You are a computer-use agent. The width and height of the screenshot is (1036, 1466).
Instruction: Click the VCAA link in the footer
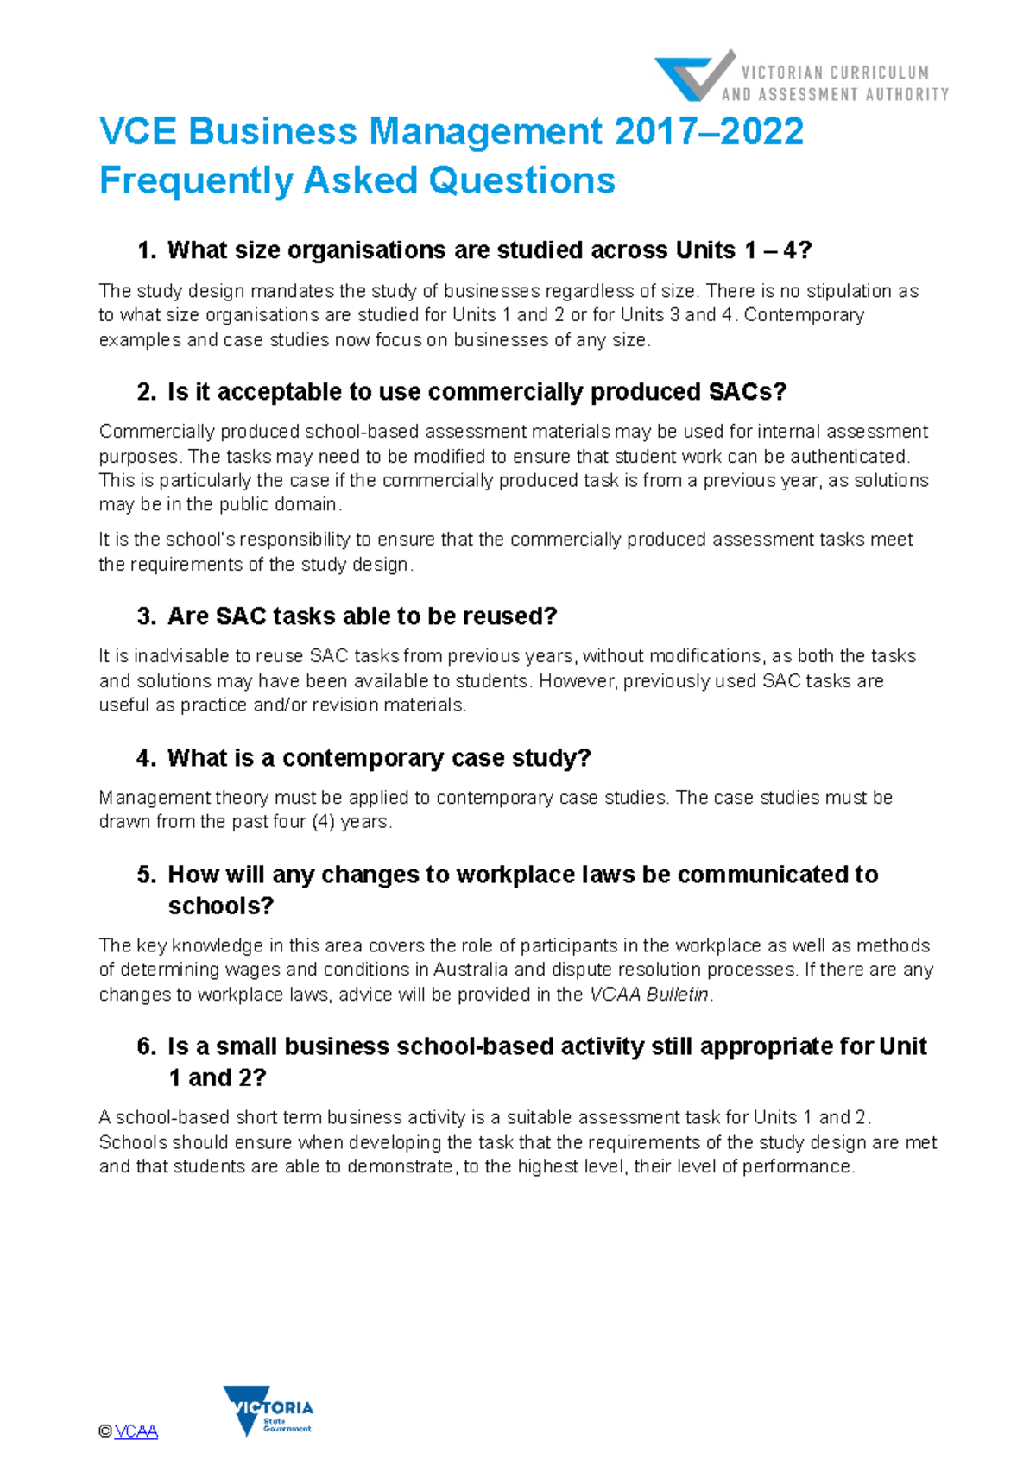pos(136,1431)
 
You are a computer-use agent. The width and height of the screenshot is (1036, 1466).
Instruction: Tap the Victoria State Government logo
pos(268,1411)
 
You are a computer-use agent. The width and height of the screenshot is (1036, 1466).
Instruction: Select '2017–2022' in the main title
pos(709,132)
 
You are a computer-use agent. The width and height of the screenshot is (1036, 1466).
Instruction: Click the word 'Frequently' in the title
pos(196,181)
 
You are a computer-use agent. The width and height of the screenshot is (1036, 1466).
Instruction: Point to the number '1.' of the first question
pos(147,250)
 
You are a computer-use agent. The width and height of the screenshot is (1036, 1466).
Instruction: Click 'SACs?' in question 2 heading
pos(747,392)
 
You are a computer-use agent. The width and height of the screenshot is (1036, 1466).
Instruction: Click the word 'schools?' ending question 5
pos(220,907)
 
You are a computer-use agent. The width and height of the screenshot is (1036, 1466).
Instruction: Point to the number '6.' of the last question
pos(147,1046)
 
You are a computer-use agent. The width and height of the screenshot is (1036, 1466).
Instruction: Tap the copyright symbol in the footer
pos(105,1431)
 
